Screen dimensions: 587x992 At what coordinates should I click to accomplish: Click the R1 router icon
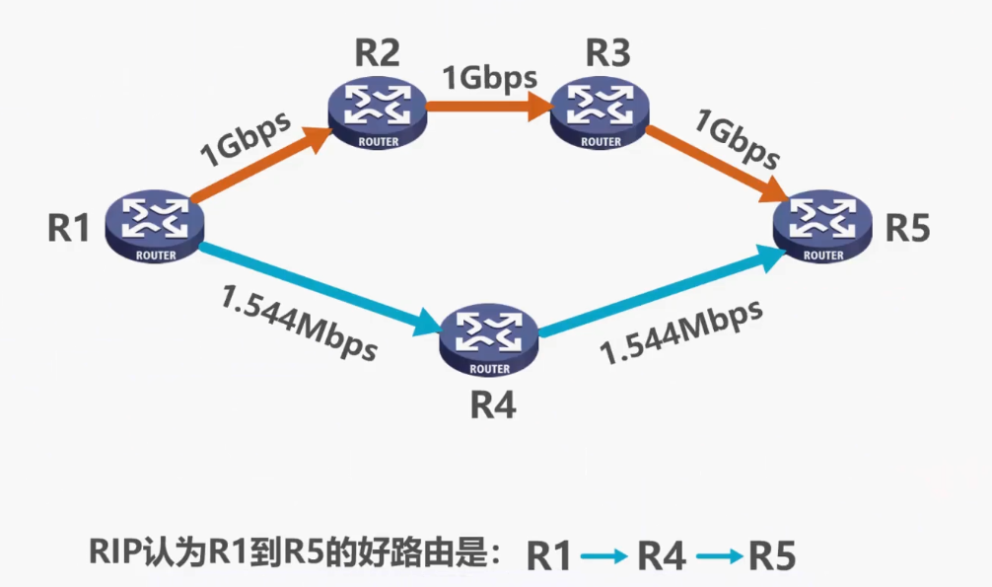click(x=151, y=227)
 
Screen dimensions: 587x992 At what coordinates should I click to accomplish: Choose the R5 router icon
click(x=823, y=227)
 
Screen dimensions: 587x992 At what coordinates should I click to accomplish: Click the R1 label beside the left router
click(x=68, y=229)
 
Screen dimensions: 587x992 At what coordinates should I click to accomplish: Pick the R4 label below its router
click(x=490, y=404)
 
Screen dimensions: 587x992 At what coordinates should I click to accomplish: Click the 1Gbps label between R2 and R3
click(x=489, y=77)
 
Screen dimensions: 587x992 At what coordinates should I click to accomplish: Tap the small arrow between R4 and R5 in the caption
click(x=719, y=556)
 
